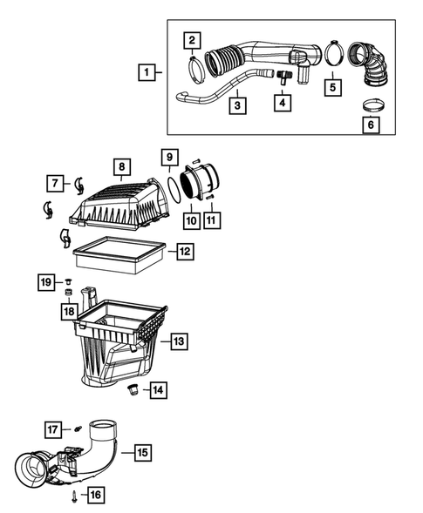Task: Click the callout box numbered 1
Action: [x=147, y=72]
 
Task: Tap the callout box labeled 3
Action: [x=235, y=105]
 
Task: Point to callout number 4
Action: [x=281, y=104]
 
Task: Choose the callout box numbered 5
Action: [x=331, y=87]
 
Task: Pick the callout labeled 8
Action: [x=122, y=165]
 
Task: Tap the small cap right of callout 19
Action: [x=65, y=281]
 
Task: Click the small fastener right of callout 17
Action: [x=76, y=429]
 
